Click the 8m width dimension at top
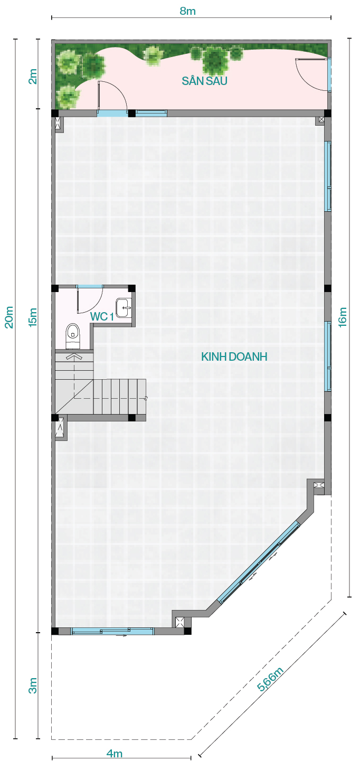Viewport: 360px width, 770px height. point(187,11)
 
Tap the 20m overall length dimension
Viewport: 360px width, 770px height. point(9,317)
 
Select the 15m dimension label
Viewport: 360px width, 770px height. point(33,317)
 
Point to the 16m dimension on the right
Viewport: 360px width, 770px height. point(343,317)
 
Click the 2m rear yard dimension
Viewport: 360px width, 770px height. point(33,76)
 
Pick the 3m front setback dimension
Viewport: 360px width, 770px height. point(33,686)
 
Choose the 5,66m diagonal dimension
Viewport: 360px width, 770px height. point(271,679)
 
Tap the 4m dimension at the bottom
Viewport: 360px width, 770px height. point(115,754)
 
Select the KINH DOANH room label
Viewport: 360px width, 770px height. point(234,356)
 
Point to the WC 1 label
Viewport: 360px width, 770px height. point(102,316)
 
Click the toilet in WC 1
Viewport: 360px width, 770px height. point(72,335)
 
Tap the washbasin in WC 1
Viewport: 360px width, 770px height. point(124,307)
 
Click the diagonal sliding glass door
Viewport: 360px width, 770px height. point(259,562)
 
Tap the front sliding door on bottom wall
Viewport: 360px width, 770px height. point(112,631)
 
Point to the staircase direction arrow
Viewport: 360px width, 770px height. point(74,356)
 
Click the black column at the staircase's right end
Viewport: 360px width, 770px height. point(131,418)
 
